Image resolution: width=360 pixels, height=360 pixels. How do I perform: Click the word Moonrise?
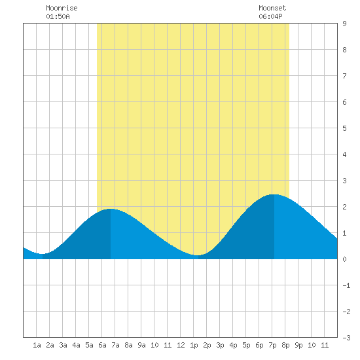[x=62, y=8]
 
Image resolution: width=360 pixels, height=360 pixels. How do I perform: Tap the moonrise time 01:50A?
[x=58, y=16]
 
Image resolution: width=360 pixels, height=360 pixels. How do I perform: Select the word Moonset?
[x=272, y=8]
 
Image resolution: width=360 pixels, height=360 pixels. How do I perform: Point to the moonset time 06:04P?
[x=271, y=16]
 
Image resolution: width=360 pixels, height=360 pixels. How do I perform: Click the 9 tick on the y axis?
[x=344, y=24]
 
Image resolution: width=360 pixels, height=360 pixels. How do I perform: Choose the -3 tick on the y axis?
[x=346, y=338]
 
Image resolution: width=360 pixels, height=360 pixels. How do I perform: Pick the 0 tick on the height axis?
[x=344, y=259]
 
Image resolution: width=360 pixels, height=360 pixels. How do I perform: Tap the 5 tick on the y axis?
[x=344, y=128]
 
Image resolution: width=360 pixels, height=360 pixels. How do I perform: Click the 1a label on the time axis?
[x=37, y=345]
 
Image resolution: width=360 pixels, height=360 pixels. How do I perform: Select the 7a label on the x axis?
[x=115, y=345]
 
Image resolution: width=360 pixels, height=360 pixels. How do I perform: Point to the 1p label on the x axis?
[x=194, y=345]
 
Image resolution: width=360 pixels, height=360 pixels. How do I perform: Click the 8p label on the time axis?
[x=285, y=345]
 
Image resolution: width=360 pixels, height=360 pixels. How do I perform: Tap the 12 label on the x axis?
[x=181, y=345]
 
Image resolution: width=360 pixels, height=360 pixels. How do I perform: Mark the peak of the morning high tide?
[x=111, y=209]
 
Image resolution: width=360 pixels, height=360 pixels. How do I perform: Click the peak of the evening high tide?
[x=274, y=194]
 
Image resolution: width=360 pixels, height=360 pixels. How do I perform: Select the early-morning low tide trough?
[x=43, y=254]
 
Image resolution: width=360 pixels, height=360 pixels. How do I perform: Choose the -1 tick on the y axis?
[x=346, y=285]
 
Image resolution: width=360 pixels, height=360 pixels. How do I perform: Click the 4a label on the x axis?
[x=76, y=345]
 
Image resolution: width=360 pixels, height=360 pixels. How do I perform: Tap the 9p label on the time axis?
[x=298, y=345]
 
